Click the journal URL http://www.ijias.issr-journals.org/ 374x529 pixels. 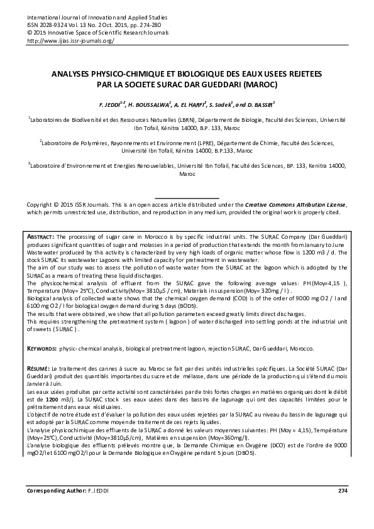pyautogui.click(x=70, y=40)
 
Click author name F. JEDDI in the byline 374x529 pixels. pyautogui.click(x=102, y=103)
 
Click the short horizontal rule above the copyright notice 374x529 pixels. pyautogui.click(x=187, y=198)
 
